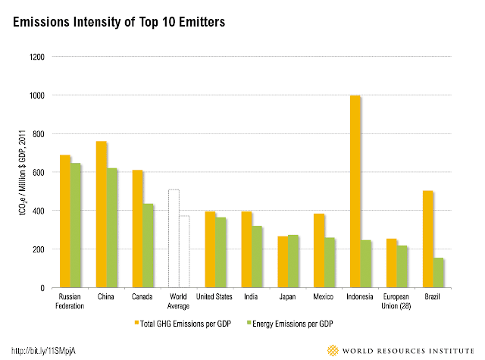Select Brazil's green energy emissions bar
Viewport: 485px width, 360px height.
click(439, 273)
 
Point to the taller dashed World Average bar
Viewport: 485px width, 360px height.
click(174, 239)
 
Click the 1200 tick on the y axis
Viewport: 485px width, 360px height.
click(37, 57)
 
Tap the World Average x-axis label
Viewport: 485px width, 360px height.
click(179, 302)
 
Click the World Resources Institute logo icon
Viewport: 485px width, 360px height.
click(333, 350)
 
